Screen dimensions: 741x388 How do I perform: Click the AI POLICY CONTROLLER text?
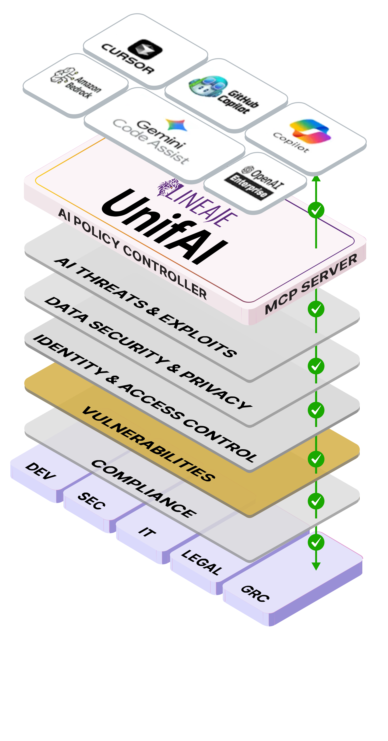click(132, 253)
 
